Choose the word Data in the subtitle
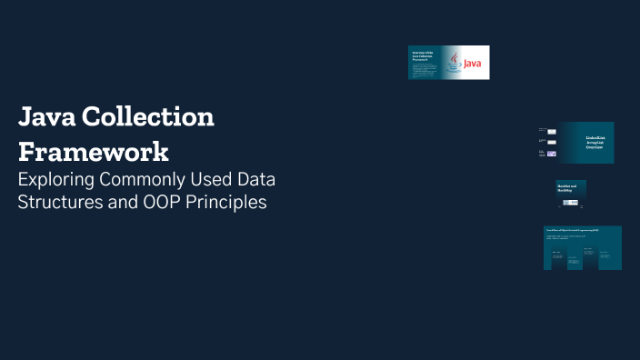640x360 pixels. pos(256,177)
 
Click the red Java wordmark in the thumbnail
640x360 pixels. pos(473,65)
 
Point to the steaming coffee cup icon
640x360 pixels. pos(454,62)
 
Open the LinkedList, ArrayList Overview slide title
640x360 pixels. pos(596,143)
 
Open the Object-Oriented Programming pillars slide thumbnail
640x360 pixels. pos(582,247)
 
